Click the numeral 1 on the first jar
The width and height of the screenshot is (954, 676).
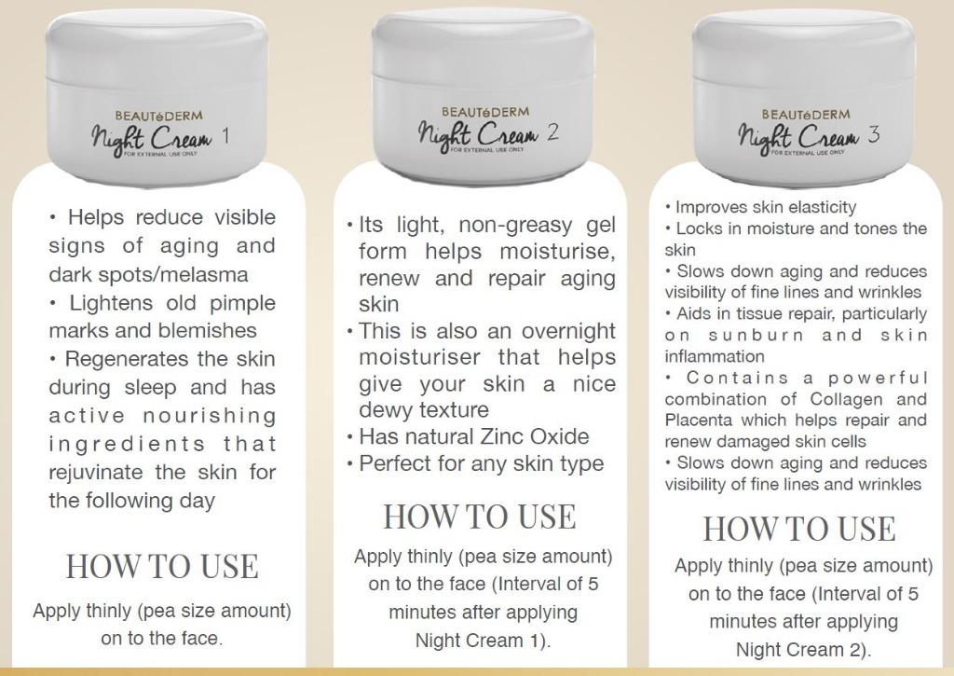(225, 136)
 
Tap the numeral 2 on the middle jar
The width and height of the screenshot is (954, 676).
(552, 132)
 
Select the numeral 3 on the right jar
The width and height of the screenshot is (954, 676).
(874, 134)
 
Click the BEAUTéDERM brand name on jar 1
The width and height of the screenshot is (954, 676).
(158, 116)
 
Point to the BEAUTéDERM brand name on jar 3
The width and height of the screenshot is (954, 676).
(806, 115)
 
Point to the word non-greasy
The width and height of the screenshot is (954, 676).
(515, 226)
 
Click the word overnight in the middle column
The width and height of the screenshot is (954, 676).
(568, 331)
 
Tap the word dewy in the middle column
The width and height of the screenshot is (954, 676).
(382, 410)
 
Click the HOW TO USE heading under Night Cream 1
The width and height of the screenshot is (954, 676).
(162, 566)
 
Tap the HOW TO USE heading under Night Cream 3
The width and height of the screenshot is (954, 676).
(799, 529)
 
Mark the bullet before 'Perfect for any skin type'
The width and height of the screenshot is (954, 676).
(350, 465)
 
